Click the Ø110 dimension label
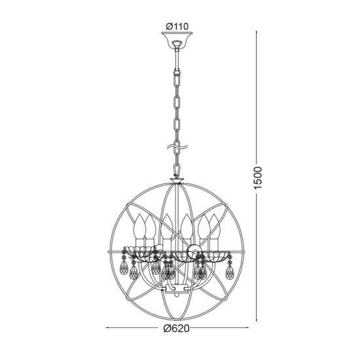coord(177,27)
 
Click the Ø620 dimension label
coord(177,329)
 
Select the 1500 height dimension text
coord(258,178)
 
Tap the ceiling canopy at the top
coord(177,40)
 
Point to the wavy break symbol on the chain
coord(177,147)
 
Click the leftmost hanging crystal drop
coord(124,268)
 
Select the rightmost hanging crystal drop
coord(230,272)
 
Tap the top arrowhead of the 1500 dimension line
coord(257,33)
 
